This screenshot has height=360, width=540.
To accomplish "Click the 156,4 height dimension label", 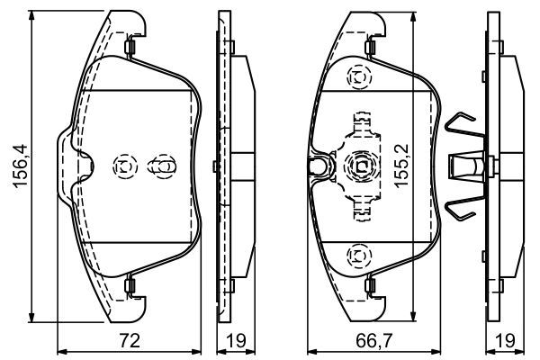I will click(x=16, y=169).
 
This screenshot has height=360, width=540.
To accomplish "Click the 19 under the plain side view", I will click(x=236, y=341).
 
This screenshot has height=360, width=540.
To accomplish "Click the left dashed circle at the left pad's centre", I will click(x=123, y=166).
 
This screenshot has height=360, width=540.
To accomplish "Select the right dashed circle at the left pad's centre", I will click(x=162, y=166).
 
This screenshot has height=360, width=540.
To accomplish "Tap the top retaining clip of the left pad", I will click(x=130, y=48).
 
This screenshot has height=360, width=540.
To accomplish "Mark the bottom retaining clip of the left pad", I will click(x=130, y=287).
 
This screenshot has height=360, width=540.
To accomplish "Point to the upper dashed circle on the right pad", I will click(x=357, y=79).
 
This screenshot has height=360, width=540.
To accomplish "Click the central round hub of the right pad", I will click(x=358, y=166).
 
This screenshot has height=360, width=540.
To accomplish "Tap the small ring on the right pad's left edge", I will click(x=316, y=166).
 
